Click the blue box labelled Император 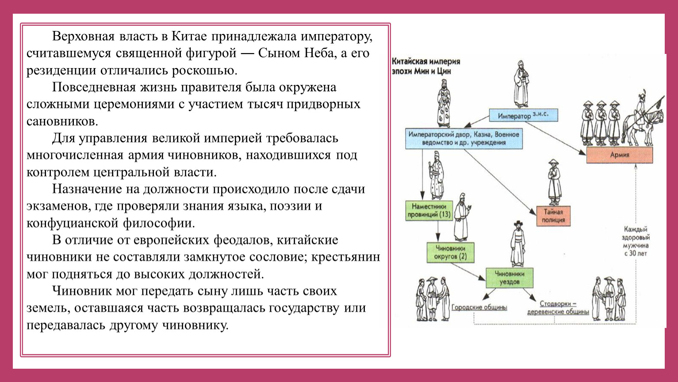(523, 115)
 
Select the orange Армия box (619, 155)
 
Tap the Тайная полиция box (553, 216)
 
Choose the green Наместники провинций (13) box (429, 210)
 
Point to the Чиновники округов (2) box (450, 252)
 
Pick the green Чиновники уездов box (509, 278)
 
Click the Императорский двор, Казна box (463, 138)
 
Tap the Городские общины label (479, 307)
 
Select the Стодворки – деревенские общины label (558, 308)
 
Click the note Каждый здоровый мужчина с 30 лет (636, 241)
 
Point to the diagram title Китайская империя (426, 62)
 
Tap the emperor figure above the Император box (521, 84)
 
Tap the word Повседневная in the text (94, 87)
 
